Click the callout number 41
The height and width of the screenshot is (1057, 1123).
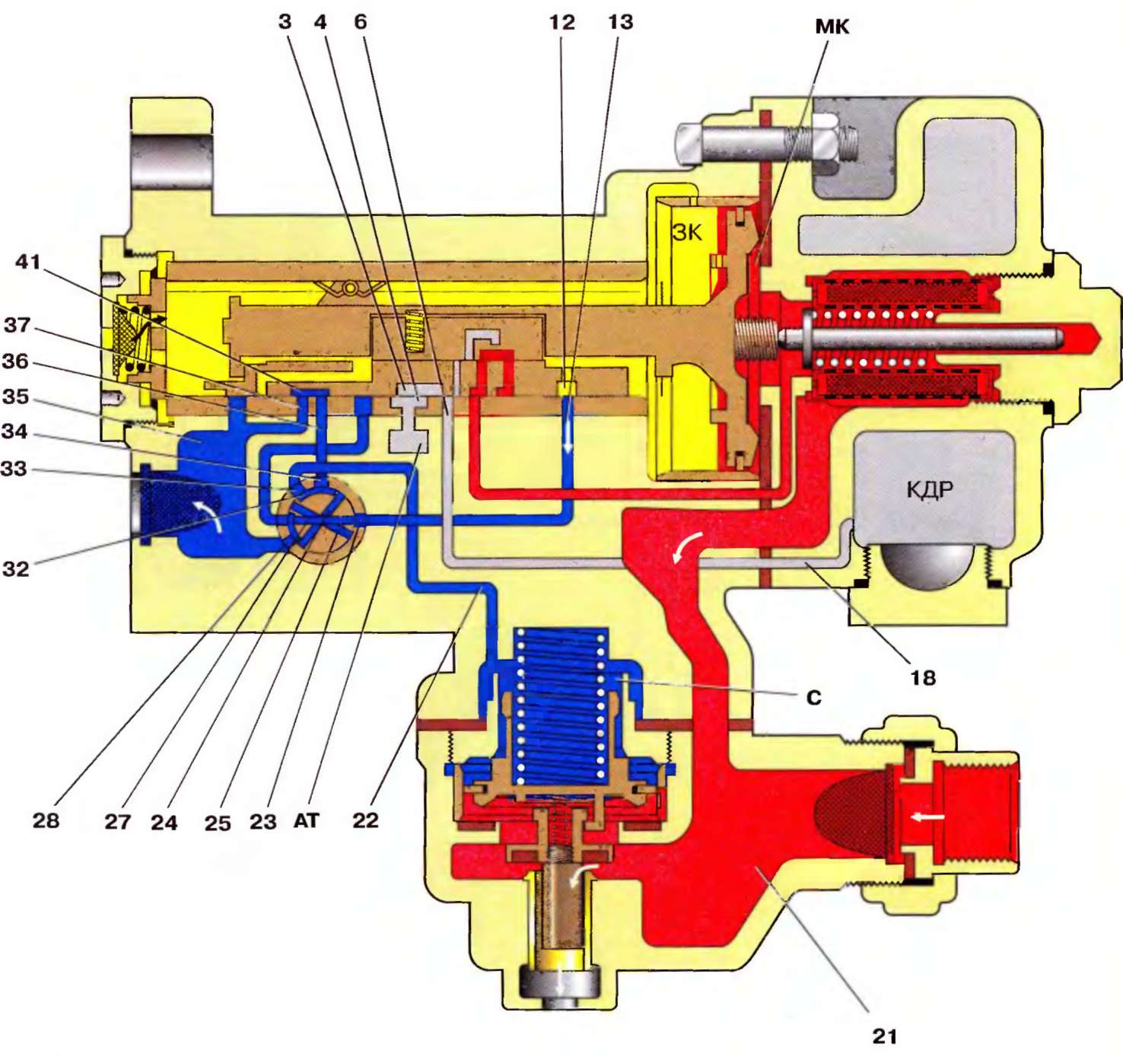point(28,262)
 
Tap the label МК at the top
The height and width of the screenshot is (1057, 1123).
point(832,27)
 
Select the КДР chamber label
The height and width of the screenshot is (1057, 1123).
point(929,489)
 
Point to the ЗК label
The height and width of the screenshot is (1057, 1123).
point(687,232)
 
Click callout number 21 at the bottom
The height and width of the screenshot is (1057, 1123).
point(884,1036)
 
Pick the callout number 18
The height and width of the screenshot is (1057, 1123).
point(923,677)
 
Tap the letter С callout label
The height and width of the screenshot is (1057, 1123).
point(814,698)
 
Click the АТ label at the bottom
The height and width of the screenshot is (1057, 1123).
point(307,820)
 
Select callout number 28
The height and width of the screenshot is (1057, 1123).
point(46,820)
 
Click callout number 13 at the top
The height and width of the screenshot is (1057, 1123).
point(620,22)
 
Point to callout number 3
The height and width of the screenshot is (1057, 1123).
point(285,21)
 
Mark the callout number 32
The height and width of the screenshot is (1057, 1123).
point(16,568)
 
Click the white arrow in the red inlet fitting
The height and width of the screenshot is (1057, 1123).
point(928,817)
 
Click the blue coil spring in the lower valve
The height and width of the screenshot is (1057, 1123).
point(560,704)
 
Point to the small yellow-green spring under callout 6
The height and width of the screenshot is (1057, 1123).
point(413,333)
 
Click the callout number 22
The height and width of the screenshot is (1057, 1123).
point(365,820)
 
